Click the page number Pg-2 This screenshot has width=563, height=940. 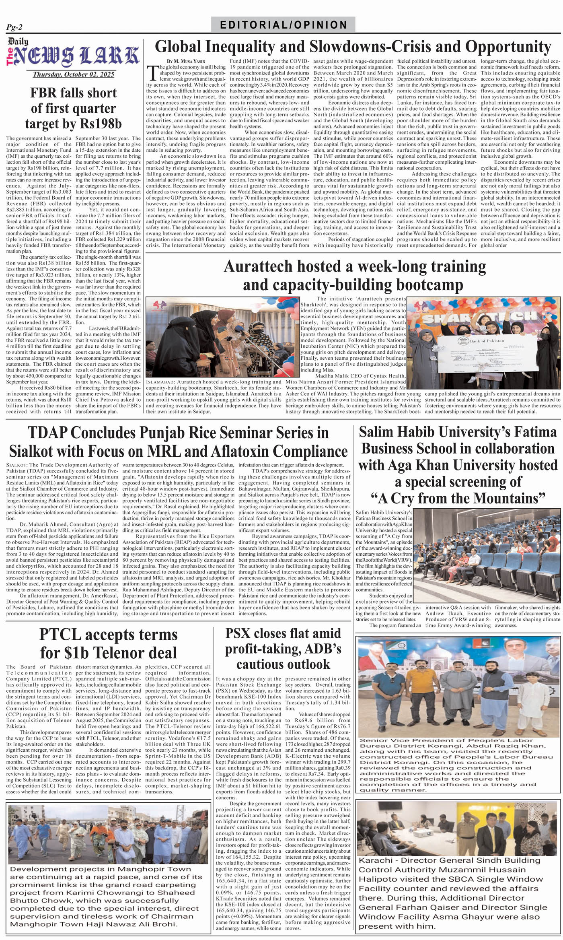(14, 27)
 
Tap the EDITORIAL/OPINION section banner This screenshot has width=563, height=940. (283, 25)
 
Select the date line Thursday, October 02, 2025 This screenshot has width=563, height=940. (73, 74)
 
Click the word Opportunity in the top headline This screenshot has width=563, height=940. (508, 47)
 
